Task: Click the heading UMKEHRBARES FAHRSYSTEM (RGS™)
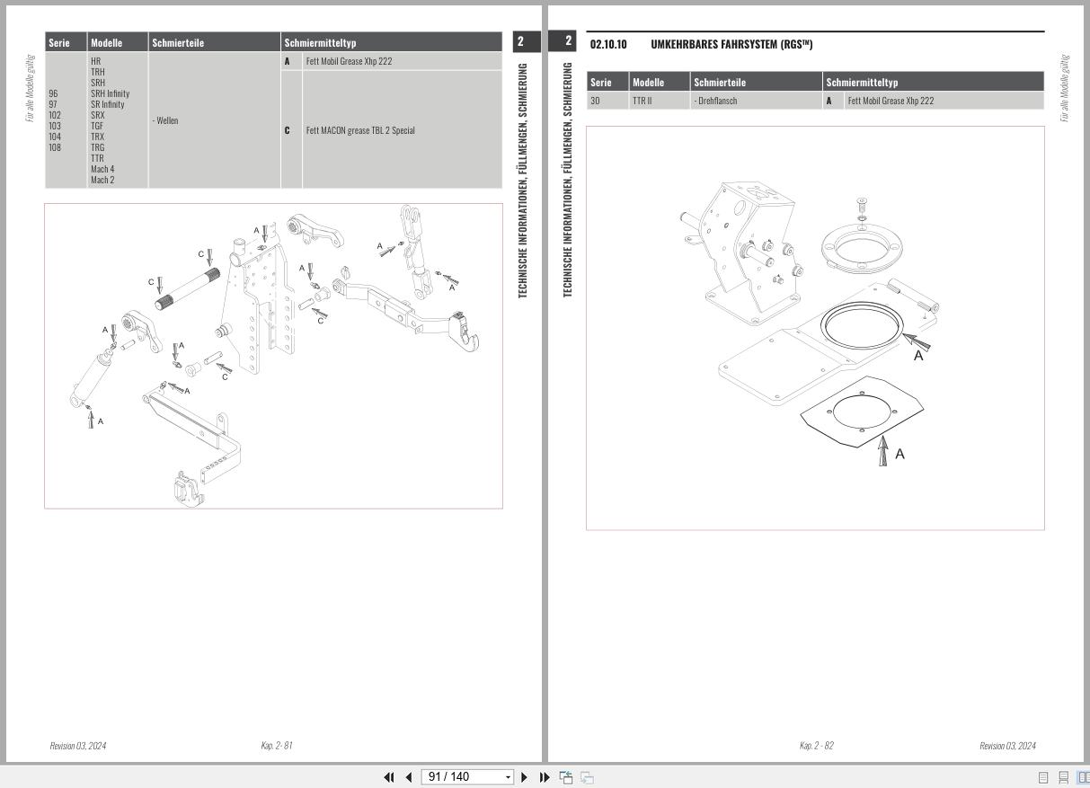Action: (x=731, y=44)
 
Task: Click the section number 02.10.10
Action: (x=608, y=44)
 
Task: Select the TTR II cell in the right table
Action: (x=642, y=101)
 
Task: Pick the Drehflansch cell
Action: (x=716, y=101)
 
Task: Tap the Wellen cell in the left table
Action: (x=166, y=120)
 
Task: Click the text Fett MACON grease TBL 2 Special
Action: (x=360, y=130)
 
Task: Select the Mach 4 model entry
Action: (x=102, y=169)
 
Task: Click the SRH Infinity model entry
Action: (x=110, y=93)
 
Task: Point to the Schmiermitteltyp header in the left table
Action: (x=320, y=42)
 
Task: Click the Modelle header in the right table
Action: (x=648, y=83)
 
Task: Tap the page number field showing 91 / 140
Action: (x=466, y=776)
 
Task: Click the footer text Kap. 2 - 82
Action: (x=816, y=746)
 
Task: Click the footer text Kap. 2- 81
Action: (x=277, y=746)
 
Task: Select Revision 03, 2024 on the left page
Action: (x=77, y=746)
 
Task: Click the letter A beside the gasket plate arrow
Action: (x=899, y=454)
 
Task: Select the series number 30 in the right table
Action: (x=595, y=101)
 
